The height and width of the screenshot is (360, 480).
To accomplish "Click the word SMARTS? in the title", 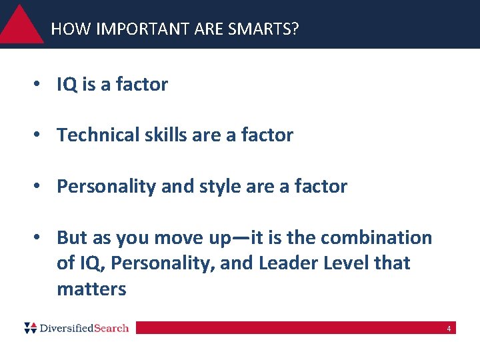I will coord(265,29).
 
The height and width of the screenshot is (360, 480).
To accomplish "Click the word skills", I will coord(167,135).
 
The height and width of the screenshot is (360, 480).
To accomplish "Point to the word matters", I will coord(91,289).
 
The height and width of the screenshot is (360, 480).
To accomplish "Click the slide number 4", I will coord(449,329).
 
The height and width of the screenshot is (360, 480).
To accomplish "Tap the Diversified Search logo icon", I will coord(31,327).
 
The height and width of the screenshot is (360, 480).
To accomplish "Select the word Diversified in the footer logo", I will coord(66,328).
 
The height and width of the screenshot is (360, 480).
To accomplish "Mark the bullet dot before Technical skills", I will coord(41,136).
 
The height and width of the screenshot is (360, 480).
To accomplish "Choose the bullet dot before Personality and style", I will coord(41,187).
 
